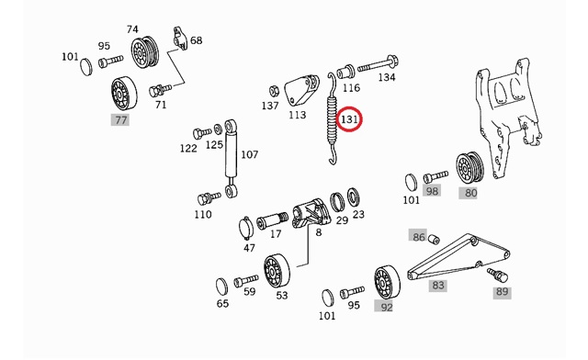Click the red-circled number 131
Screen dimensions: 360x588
[350, 119]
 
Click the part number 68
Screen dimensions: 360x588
[196, 40]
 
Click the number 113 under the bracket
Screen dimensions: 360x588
[297, 116]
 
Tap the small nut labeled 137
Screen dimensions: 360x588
[274, 90]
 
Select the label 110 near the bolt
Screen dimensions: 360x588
[203, 214]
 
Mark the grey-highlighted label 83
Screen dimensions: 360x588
[438, 286]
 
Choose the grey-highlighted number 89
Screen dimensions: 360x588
[501, 292]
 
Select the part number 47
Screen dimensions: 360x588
[249, 248]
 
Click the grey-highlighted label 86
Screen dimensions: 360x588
[419, 237]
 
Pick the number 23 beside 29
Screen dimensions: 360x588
[358, 215]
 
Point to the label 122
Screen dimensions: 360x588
[188, 148]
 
